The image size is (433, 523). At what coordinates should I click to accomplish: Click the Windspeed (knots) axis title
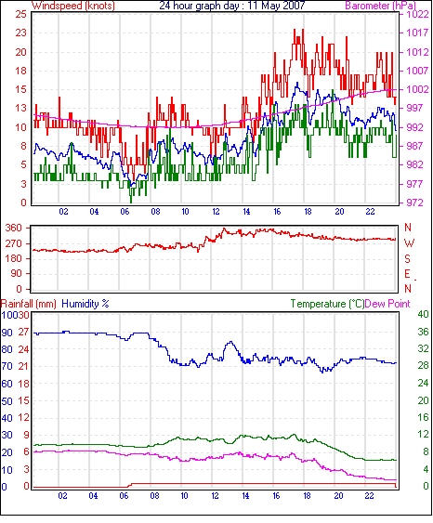73,6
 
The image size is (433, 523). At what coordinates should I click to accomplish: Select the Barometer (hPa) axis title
381,6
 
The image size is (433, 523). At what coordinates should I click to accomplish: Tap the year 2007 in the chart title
294,6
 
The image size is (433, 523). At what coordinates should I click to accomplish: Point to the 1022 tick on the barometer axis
417,14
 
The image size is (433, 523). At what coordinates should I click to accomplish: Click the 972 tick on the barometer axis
414,203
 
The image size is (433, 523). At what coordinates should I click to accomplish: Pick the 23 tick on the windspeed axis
20,33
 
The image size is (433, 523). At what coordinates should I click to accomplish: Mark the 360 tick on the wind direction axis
14,229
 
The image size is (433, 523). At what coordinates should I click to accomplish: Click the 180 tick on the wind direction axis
14,258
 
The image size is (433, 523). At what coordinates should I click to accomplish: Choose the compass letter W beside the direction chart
409,243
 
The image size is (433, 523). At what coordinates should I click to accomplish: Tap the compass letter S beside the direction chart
407,258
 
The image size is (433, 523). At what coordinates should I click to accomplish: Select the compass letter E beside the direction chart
407,274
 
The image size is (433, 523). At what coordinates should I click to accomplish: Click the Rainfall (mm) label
29,304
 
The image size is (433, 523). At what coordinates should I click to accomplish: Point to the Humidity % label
85,304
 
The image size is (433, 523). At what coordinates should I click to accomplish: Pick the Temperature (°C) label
327,304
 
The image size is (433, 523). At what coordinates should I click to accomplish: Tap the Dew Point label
387,304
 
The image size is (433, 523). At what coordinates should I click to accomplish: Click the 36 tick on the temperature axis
423,332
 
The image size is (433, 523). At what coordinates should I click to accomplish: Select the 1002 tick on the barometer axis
417,89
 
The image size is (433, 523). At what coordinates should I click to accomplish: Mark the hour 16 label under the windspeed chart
277,212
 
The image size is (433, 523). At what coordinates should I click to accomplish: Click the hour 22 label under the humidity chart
369,496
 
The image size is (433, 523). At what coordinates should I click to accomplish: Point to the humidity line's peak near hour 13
230,342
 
